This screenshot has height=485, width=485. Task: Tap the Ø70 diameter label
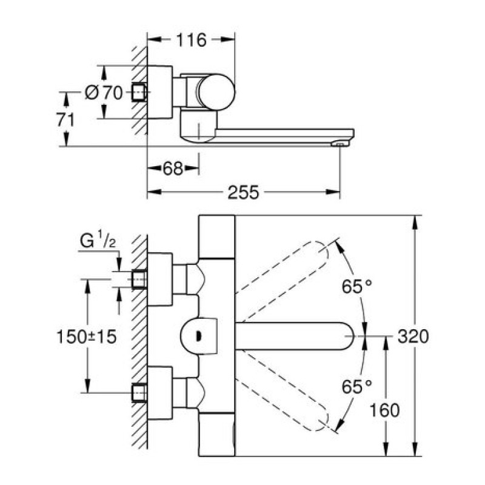(x=104, y=93)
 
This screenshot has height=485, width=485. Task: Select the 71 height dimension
(x=65, y=119)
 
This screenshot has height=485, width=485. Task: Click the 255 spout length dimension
(x=244, y=193)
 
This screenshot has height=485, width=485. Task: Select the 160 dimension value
(x=385, y=410)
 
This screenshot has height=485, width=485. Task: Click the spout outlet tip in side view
(x=340, y=144)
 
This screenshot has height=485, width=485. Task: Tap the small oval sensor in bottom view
(x=199, y=332)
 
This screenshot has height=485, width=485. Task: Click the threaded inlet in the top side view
(x=140, y=93)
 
